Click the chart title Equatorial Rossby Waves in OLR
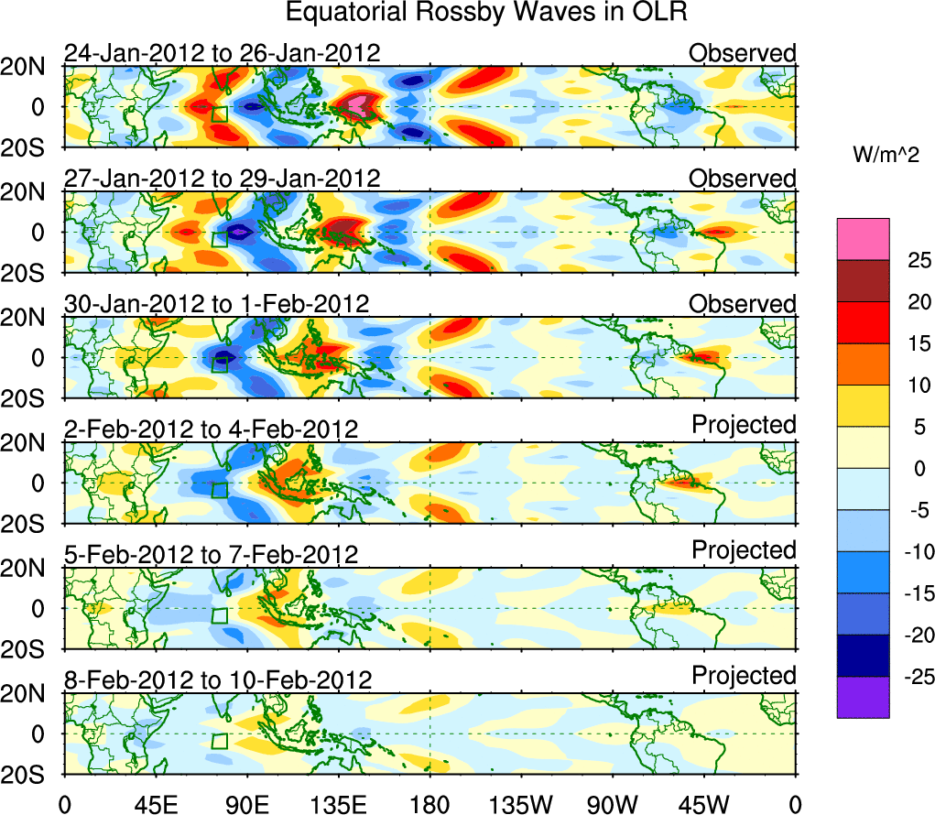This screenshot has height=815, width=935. click(x=486, y=13)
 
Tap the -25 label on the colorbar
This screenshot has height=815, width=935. click(x=910, y=677)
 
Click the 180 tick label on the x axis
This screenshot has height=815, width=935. click(x=429, y=804)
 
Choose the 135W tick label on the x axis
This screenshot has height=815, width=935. click(x=521, y=804)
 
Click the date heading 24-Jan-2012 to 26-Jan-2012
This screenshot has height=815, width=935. click(x=222, y=53)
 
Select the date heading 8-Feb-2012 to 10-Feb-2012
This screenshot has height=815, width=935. click(x=218, y=680)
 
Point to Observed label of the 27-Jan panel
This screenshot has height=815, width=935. click(x=742, y=179)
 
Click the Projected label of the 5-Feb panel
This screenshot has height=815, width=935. click(x=744, y=550)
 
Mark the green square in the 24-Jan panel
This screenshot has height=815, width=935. click(x=219, y=114)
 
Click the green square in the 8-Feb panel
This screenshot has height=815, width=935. click(x=219, y=741)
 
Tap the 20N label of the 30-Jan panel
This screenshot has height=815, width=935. click(x=29, y=319)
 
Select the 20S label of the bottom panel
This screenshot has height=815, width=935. click(x=29, y=775)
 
